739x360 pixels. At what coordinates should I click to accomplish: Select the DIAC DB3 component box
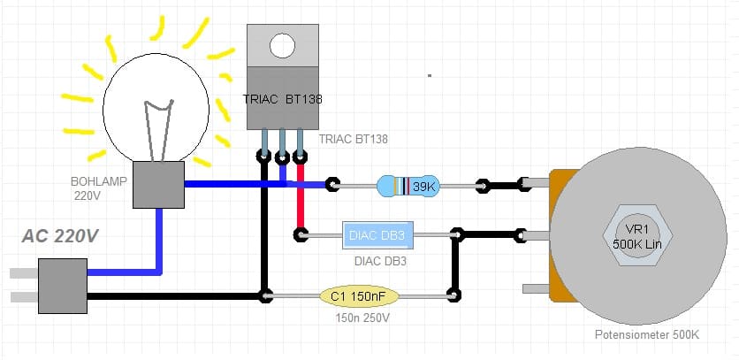377,235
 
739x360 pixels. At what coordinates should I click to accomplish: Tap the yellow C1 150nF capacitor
359,295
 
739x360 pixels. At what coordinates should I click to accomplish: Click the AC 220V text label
61,237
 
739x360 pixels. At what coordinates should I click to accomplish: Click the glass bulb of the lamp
157,102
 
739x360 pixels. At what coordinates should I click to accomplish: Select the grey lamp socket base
157,185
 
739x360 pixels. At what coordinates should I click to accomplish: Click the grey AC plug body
64,286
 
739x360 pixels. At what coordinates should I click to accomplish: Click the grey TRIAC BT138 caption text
353,140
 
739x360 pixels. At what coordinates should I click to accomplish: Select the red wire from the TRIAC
300,199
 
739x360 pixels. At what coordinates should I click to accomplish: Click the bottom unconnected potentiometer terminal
537,288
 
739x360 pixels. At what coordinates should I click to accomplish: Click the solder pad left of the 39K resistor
331,185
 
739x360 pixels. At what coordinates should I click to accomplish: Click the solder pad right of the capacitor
453,295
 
